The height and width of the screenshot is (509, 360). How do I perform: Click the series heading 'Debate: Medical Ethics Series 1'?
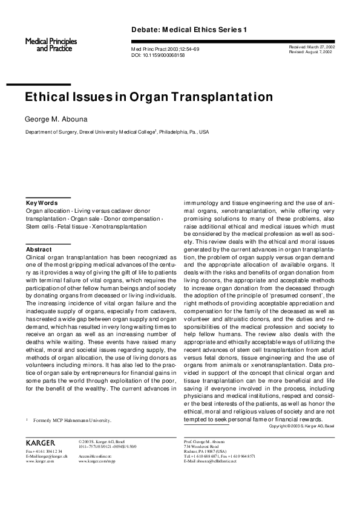point(189,30)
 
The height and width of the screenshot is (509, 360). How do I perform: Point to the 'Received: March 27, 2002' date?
point(313,47)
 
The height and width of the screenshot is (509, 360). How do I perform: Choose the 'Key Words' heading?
point(42,203)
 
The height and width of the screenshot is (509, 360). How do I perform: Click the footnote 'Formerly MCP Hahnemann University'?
point(72,418)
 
